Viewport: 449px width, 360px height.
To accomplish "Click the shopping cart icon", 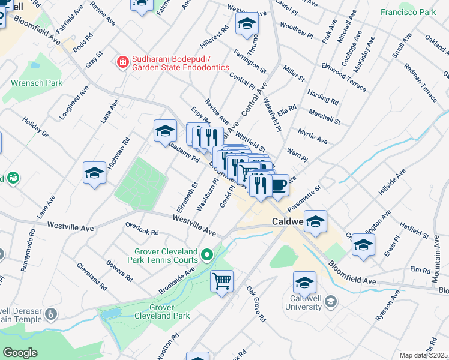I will click(221, 280).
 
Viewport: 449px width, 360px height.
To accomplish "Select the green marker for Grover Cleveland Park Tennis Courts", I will click(208, 256).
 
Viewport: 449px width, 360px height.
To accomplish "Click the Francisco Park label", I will click(408, 12).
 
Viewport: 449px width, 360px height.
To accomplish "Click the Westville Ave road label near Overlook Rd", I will click(193, 225).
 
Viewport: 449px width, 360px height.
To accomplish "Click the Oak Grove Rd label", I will click(256, 302).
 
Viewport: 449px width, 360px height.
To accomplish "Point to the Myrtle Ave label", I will click(313, 136).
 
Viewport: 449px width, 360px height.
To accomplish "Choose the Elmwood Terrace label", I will click(343, 77).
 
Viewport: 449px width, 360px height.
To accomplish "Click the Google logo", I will click(20, 353).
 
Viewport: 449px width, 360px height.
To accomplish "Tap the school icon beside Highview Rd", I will click(94, 173).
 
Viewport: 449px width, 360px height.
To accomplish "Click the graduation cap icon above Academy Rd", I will click(165, 132).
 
